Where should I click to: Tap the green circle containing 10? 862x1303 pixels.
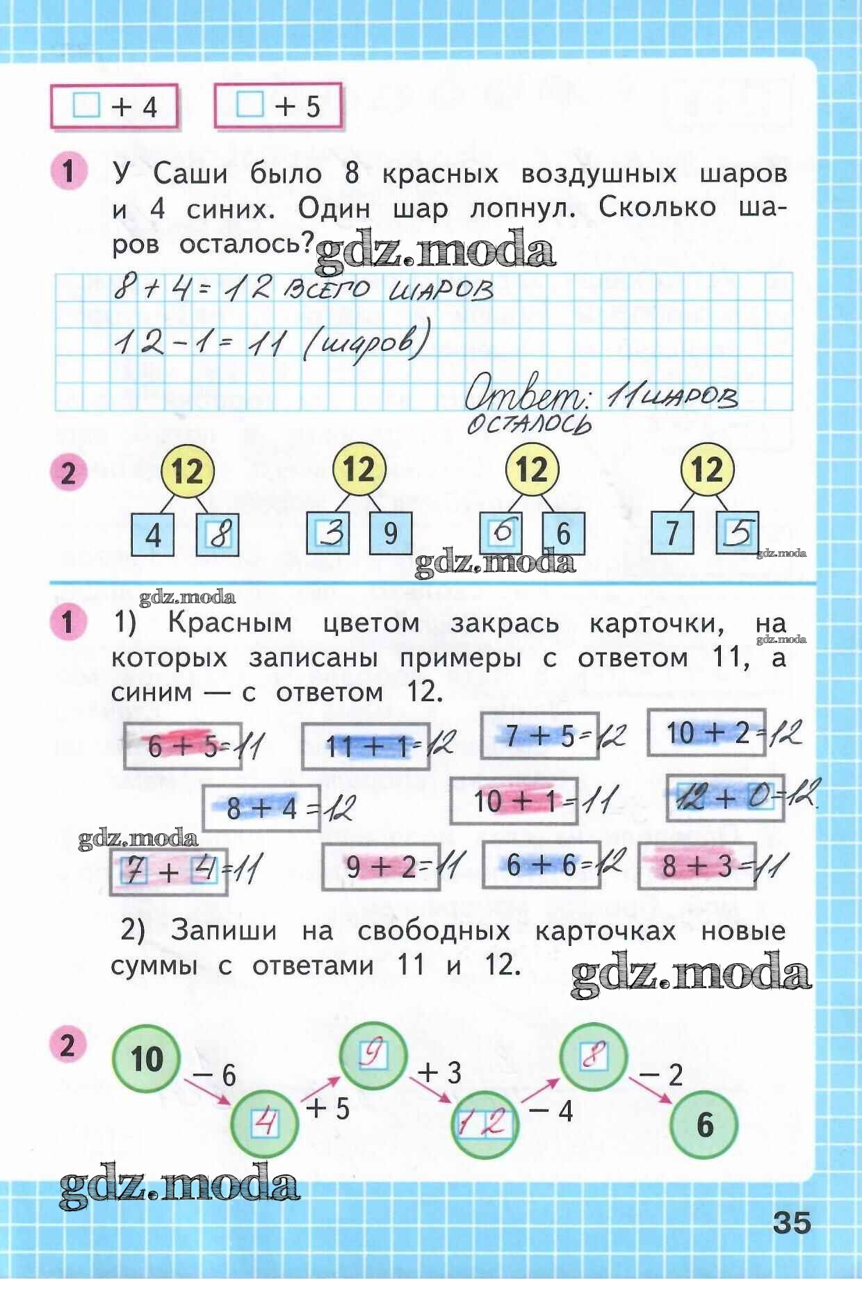pos(146,1059)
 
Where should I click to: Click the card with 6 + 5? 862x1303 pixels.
pos(183,746)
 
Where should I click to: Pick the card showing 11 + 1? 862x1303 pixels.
pos(364,746)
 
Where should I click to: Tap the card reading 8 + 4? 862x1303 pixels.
pos(261,808)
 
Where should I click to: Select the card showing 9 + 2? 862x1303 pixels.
pos(380,866)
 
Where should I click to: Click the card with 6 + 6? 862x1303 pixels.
pos(541,864)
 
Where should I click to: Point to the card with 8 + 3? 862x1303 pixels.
pos(697,866)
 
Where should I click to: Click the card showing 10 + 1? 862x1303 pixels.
pos(514,801)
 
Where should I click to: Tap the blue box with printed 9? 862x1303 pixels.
pos(390,533)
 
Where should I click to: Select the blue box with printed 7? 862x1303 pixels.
pos(672,533)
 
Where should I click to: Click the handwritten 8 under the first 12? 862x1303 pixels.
pos(218,534)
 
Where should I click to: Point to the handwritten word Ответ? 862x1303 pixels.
pos(525,397)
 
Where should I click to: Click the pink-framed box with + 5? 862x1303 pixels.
pos(278,106)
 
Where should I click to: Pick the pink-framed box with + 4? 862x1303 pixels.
pos(115,106)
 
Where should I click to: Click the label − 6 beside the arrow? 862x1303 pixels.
pos(214,1076)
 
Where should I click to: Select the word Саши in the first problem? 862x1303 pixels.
pos(190,173)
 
